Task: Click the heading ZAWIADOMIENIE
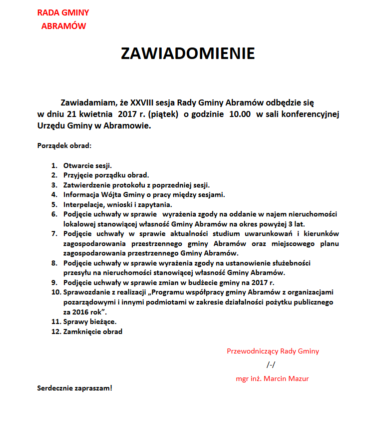(188, 54)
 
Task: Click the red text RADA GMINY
(63, 13)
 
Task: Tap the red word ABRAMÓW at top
(63, 26)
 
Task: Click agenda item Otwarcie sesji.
(87, 165)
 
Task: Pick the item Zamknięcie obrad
(93, 331)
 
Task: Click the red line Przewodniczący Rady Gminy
(273, 351)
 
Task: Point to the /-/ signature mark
(271, 364)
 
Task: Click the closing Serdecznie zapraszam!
(75, 388)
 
